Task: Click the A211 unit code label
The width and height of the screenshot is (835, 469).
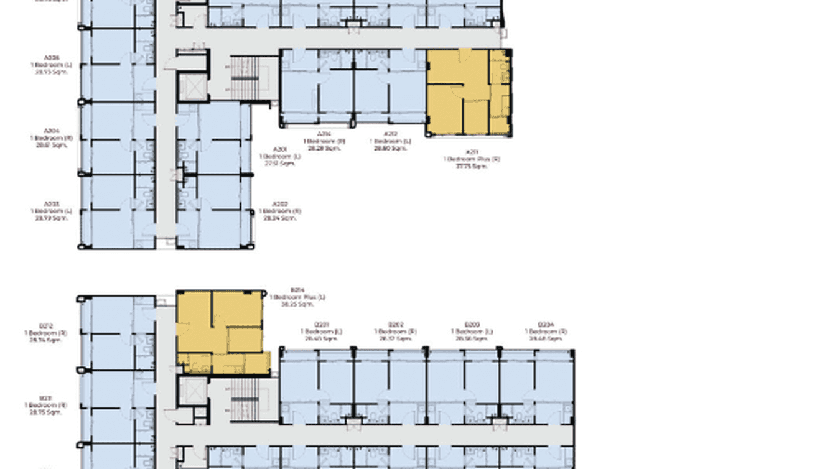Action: click(472, 152)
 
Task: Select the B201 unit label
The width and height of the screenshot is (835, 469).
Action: click(322, 325)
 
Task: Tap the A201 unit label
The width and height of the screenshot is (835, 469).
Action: click(280, 150)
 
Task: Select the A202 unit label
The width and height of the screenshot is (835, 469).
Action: click(280, 204)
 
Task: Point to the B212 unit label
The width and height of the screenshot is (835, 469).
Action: click(45, 325)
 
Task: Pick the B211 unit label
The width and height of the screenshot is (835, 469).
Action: click(45, 398)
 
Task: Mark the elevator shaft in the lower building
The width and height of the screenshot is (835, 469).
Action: click(192, 391)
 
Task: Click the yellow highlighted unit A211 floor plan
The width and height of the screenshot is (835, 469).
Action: click(468, 93)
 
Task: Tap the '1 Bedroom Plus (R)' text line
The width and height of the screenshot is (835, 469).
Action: click(472, 159)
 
